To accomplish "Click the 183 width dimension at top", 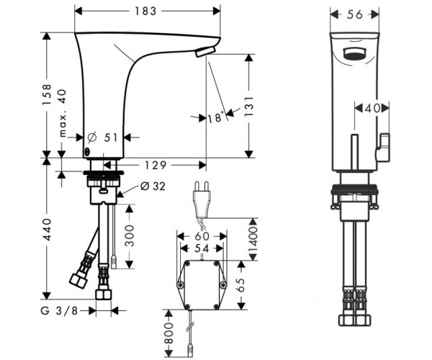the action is [145, 11].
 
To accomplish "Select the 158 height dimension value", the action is [47, 94].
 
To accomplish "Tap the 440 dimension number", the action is [47, 230].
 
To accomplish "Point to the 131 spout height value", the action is [249, 106].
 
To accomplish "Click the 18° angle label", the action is [215, 118].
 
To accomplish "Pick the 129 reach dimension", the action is [156, 166].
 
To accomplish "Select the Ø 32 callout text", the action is [153, 186].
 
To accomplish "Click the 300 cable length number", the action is [130, 235].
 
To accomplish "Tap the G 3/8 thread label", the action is [59, 311].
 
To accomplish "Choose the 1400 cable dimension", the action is [253, 240].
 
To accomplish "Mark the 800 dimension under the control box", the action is [168, 333].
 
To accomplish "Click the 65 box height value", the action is [240, 285].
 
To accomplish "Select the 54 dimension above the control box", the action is [202, 248].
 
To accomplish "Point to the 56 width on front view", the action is [355, 14].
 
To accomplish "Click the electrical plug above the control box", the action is [202, 198].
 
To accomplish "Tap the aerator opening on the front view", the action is [354, 54].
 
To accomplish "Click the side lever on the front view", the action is [382, 147].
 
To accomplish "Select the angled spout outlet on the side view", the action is [205, 52].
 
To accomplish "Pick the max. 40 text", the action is [63, 113].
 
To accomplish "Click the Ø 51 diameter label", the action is [102, 138].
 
